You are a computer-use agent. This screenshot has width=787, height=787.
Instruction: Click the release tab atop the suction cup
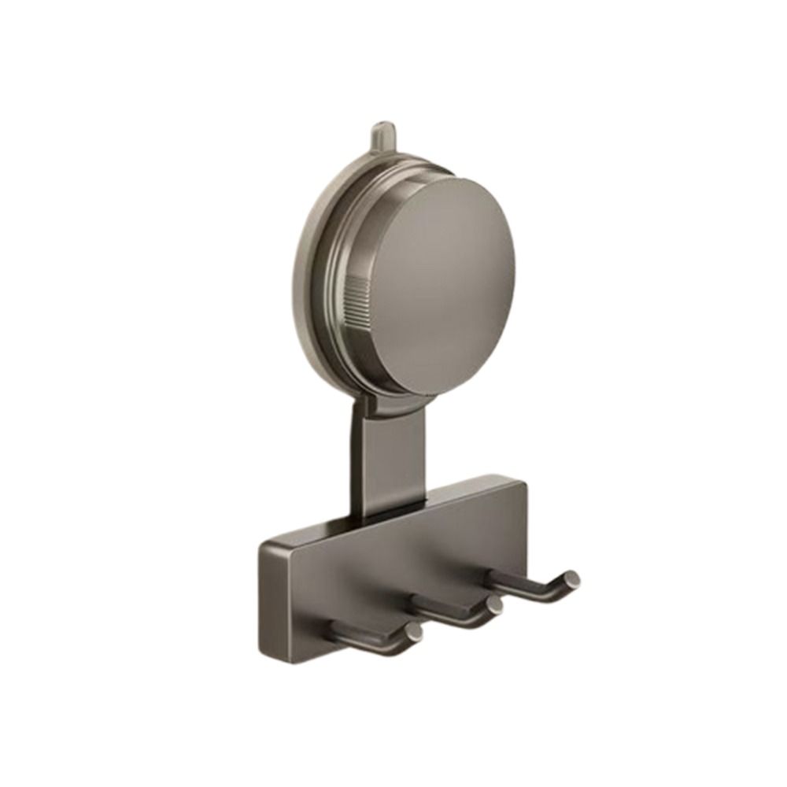[381, 135]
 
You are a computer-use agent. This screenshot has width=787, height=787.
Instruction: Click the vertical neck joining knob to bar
[386, 464]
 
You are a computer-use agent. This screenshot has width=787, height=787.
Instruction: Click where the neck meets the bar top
[386, 515]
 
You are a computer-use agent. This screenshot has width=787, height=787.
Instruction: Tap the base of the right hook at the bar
[497, 581]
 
